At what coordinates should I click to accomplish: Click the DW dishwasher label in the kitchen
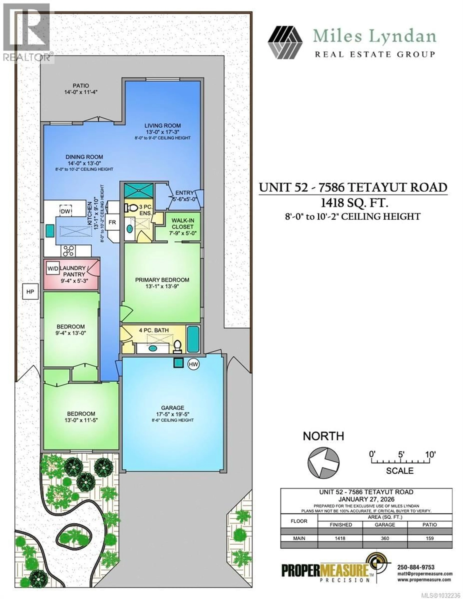coord(66,211)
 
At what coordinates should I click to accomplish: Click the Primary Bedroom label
coord(162,280)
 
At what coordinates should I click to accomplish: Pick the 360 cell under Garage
coord(385,538)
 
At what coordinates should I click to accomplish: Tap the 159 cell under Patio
coord(429,538)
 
